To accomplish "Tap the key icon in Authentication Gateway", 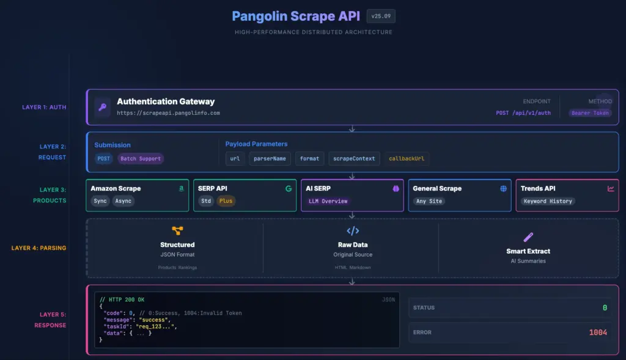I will pos(102,107).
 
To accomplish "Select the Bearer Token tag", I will pos(590,113).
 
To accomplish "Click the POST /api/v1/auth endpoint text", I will pos(523,113).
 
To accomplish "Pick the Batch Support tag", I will pos(141,159).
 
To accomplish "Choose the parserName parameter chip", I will pos(269,159).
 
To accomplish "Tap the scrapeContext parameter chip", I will pos(354,159).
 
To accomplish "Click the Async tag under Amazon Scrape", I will pos(123,201).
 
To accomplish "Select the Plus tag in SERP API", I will pos(226,201).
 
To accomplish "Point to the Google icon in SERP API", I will pos(288,189).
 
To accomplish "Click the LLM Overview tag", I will pos(328,201).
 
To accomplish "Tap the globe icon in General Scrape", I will pos(504,189).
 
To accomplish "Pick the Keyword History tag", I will pos(548,201).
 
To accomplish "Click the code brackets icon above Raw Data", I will pos(353,231).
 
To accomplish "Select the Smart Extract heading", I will pos(528,251).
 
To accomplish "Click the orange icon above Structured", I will pos(177,230).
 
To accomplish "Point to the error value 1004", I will pos(598,332).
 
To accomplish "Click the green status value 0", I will pos(605,307).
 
